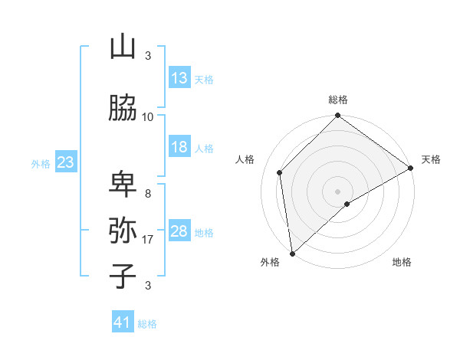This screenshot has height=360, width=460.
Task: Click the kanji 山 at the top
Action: point(123,47)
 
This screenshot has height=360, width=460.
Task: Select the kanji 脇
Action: point(123,109)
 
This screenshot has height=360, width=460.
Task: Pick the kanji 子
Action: point(123,277)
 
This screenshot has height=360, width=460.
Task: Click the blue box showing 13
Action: point(179,78)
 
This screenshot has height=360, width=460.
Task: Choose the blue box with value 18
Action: point(179,147)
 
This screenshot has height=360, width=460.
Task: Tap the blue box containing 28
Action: point(179,231)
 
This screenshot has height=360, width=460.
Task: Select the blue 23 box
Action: point(65,162)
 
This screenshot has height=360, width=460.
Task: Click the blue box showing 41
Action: point(123,322)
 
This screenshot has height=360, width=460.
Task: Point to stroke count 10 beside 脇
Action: point(148,117)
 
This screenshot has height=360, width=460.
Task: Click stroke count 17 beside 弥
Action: point(148,240)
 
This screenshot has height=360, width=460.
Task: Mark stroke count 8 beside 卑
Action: point(147,194)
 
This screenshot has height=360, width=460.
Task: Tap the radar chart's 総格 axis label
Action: point(338,100)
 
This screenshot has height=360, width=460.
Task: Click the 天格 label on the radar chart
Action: point(431,159)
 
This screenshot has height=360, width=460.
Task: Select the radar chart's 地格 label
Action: point(402,262)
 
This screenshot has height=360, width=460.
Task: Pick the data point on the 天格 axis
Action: point(411,168)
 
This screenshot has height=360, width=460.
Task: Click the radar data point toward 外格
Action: point(292,253)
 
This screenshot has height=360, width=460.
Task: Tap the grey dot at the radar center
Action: point(337,191)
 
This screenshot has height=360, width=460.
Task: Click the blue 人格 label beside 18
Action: point(204,148)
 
